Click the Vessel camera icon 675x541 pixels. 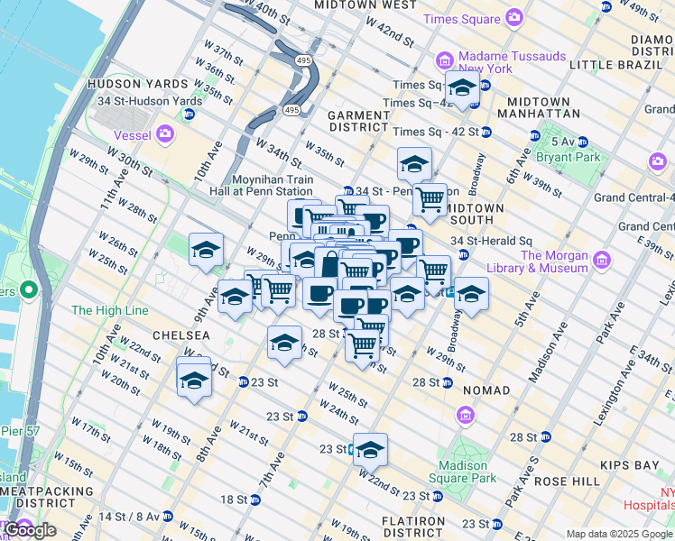[164, 134]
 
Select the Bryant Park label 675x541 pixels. [578, 157]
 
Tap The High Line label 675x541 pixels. [108, 311]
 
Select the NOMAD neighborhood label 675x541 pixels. [485, 390]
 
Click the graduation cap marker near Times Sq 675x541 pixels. [462, 88]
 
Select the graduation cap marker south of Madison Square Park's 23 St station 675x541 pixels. [369, 448]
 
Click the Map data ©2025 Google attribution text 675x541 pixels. [619, 534]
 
